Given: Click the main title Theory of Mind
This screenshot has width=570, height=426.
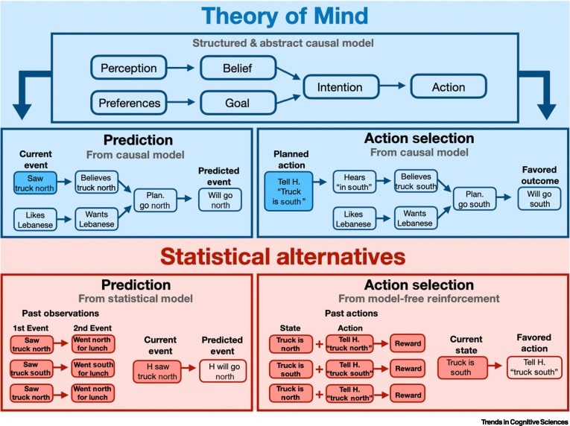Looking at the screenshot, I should pyautogui.click(x=284, y=16).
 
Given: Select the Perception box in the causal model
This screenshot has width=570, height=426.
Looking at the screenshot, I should pyautogui.click(x=129, y=69).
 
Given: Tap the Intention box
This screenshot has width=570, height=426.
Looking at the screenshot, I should pyautogui.click(x=341, y=86).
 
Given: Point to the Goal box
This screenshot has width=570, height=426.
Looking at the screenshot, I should pyautogui.click(x=237, y=103).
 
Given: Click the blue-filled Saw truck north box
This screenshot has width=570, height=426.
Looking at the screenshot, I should pyautogui.click(x=34, y=182).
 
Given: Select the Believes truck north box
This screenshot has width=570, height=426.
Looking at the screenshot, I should pyautogui.click(x=96, y=182).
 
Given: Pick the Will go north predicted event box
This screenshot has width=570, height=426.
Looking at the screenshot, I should pyautogui.click(x=220, y=200).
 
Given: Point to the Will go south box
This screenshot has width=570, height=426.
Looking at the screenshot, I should pyautogui.click(x=540, y=200).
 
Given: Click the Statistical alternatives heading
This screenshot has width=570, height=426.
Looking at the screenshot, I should pyautogui.click(x=284, y=256).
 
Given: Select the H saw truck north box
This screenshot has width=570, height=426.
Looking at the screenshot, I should pyautogui.click(x=159, y=372).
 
